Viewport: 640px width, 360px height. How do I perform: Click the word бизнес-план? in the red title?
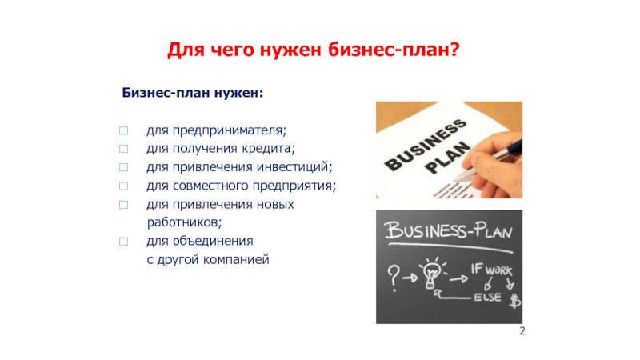click(394, 50)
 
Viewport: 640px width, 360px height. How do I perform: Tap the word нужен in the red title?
click(290, 50)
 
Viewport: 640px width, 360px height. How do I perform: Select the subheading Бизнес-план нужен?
click(193, 93)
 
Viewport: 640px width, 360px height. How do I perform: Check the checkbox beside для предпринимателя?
click(124, 130)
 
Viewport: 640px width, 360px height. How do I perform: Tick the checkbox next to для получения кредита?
click(124, 149)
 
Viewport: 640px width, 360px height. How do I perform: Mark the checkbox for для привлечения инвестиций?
click(124, 167)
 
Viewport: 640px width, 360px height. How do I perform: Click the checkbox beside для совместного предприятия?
click(124, 186)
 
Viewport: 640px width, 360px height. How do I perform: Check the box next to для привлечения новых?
click(124, 205)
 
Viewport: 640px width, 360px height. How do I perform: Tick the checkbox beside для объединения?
click(124, 242)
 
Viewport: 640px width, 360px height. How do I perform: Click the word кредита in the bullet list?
click(268, 149)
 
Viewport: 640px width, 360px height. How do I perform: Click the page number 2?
click(522, 331)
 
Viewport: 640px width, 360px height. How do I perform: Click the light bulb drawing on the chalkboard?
click(432, 273)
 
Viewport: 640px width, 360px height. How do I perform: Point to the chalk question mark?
click(394, 278)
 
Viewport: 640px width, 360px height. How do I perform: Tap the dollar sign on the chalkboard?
click(515, 301)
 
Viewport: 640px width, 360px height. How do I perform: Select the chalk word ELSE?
click(487, 297)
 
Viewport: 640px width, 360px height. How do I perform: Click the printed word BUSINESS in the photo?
click(426, 146)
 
